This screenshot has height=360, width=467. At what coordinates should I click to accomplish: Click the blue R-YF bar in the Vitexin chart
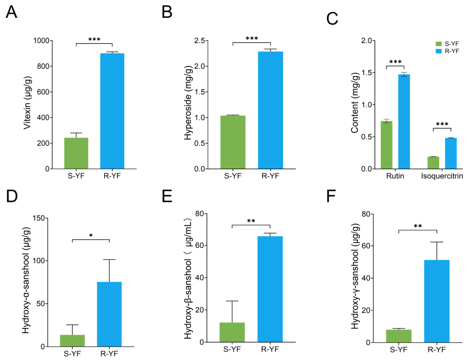(112, 111)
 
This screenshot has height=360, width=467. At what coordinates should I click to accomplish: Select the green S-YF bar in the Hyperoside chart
(233, 142)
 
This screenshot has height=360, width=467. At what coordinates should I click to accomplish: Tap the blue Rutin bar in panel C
(404, 122)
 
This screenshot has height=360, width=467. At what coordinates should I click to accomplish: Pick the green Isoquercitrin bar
(433, 163)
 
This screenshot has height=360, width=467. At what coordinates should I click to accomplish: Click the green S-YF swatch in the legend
(439, 44)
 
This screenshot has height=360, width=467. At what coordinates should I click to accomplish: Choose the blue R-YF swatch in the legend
(439, 51)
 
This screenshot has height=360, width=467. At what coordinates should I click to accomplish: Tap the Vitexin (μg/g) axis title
(27, 103)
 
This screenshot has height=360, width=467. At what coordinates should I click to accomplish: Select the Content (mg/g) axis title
(355, 103)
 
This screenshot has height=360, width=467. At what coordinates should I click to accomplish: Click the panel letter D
(12, 196)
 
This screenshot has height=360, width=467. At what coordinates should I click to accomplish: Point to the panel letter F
(331, 196)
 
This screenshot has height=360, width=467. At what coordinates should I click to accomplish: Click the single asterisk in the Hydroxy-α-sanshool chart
(91, 236)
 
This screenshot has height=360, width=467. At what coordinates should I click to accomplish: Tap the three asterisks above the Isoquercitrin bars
(442, 124)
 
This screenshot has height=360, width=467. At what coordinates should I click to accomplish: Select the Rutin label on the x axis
(395, 176)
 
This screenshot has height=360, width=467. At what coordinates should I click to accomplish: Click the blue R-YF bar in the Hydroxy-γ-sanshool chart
(437, 301)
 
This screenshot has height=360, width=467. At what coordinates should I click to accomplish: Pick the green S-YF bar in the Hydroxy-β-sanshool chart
(232, 332)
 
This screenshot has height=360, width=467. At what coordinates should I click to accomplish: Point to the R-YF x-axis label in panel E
(270, 349)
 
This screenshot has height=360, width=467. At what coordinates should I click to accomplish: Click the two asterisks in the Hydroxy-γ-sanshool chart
(418, 226)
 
